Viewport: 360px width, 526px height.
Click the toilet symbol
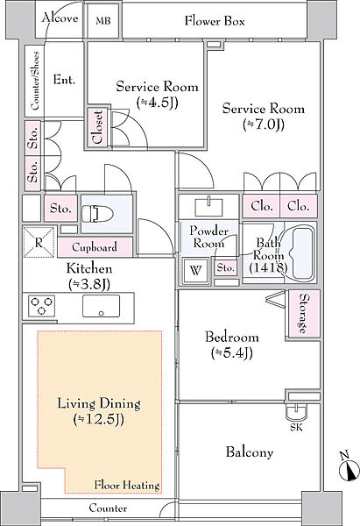click(97, 213)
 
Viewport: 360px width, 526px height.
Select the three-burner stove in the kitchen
click(41, 306)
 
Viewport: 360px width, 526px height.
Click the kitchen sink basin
click(102, 306)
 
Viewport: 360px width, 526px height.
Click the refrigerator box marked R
click(39, 242)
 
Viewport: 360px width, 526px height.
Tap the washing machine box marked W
click(195, 270)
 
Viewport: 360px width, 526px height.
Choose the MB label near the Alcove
click(102, 21)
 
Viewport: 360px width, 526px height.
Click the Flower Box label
click(215, 21)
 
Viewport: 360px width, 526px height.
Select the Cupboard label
click(95, 247)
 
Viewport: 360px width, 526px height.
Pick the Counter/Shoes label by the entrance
click(35, 81)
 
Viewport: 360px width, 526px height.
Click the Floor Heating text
click(127, 485)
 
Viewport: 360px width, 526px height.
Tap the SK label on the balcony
click(296, 427)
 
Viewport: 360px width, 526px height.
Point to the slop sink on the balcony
click(296, 411)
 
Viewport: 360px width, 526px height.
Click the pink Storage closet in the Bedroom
click(304, 314)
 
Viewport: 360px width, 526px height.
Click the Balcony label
click(250, 452)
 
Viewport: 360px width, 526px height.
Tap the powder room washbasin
click(208, 206)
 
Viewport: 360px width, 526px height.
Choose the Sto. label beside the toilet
click(60, 209)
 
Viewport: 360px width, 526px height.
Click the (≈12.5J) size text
click(99, 419)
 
